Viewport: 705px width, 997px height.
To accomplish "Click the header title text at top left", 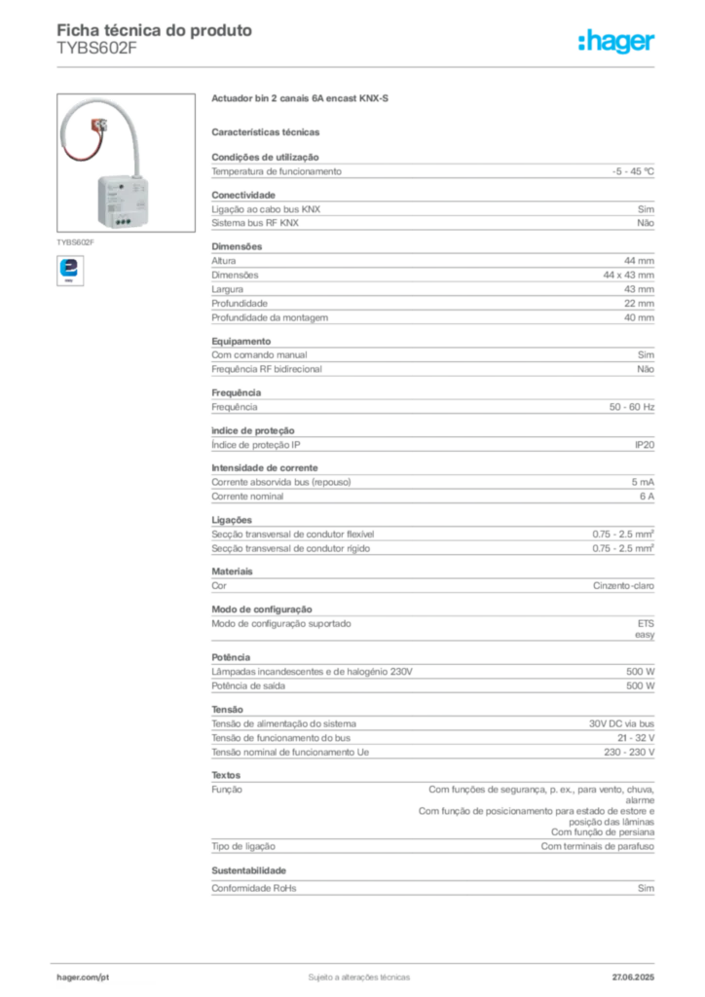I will [x=156, y=30].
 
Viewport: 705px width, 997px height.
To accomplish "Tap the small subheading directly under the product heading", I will [x=268, y=130].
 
